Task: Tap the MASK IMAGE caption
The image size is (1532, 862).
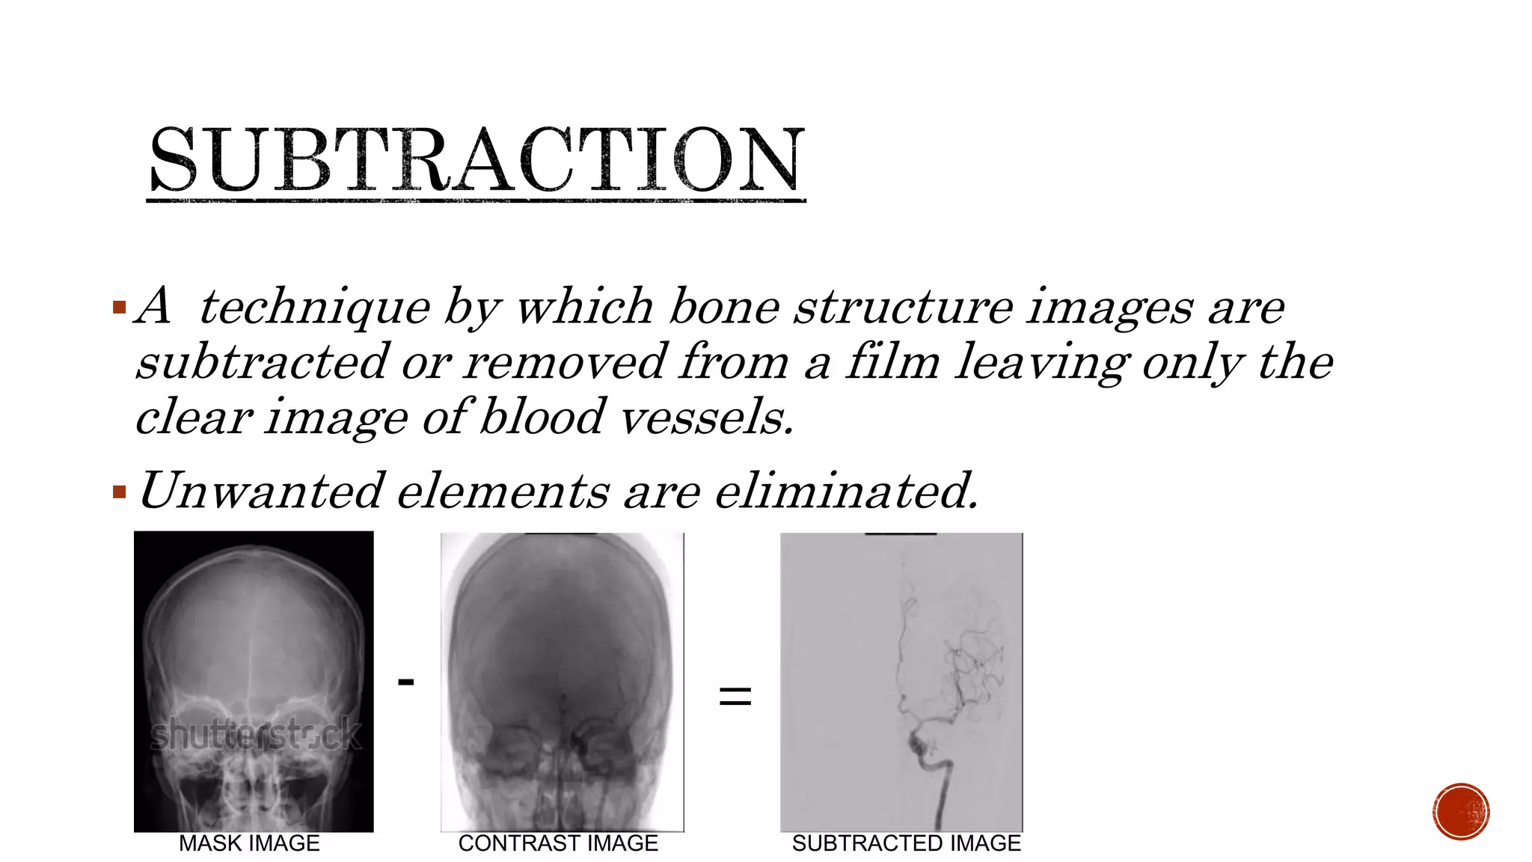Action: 249,843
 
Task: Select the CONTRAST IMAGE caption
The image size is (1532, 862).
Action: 558,843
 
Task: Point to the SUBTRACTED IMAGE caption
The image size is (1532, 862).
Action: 906,843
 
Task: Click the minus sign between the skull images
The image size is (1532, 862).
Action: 405,682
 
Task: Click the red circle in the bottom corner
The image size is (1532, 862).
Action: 1461,812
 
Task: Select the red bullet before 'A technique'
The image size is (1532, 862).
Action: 119,307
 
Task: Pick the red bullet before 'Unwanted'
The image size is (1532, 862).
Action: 119,492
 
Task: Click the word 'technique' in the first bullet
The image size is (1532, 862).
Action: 314,307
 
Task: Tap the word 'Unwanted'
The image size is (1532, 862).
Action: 260,492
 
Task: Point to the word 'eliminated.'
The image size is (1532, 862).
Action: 846,492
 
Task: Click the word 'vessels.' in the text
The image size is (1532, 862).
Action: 707,417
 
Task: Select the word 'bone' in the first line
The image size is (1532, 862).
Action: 723,307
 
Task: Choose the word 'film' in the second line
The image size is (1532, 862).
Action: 892,362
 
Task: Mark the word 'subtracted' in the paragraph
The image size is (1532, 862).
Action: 263,362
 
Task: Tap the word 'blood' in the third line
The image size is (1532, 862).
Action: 542,417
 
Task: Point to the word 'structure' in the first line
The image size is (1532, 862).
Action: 904,307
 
